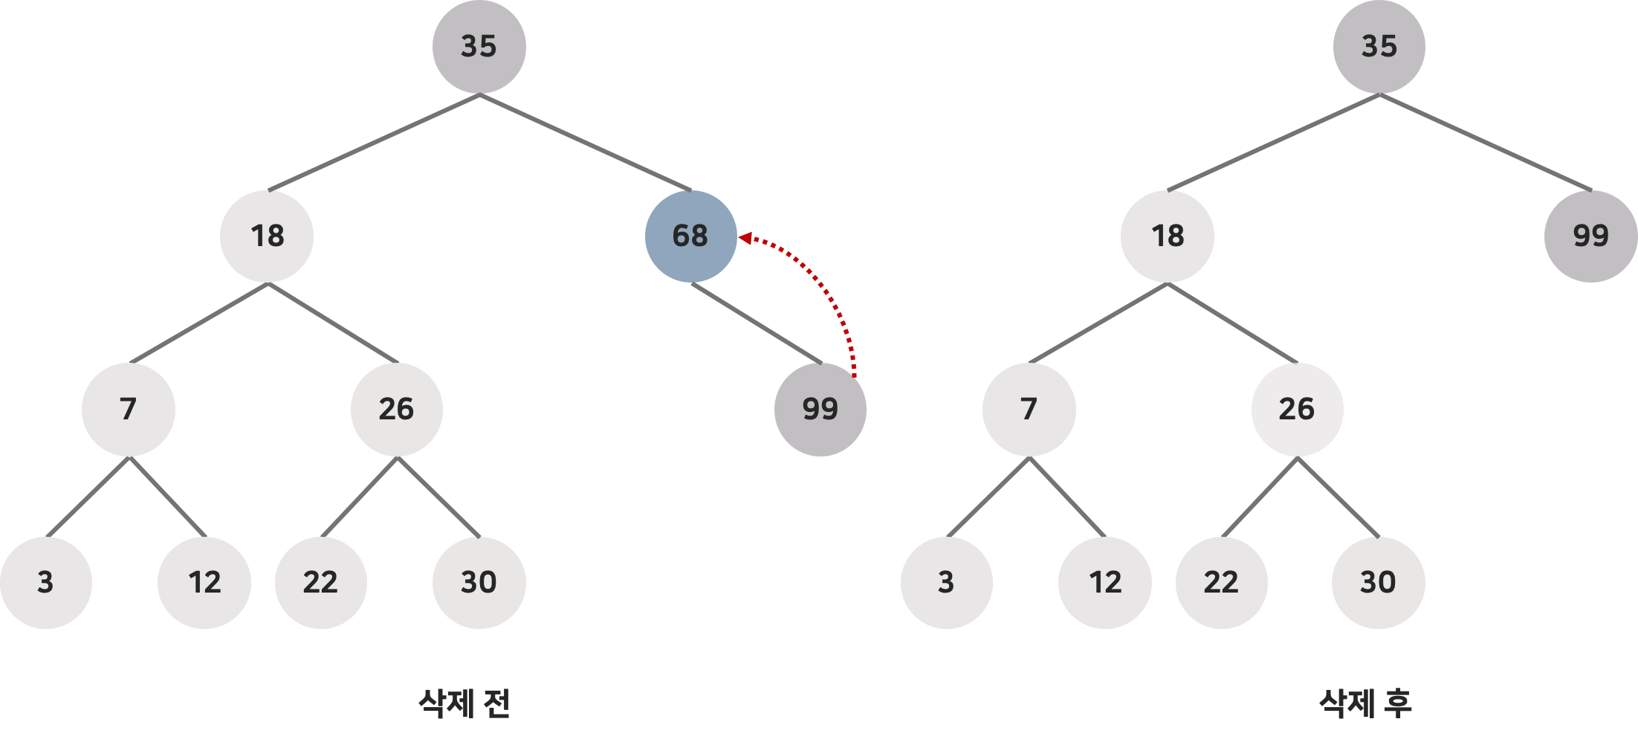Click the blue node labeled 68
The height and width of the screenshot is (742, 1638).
690,236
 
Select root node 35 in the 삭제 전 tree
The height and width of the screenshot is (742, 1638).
479,47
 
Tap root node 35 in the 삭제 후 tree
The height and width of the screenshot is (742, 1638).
1379,47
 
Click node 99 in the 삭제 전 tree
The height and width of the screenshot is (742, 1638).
820,410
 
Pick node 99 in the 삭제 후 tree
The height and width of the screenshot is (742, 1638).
1590,236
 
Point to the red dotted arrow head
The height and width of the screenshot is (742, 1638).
745,239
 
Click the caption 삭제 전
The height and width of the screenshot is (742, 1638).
464,703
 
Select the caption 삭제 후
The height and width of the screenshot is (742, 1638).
1365,703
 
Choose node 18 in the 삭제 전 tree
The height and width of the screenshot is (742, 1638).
267,236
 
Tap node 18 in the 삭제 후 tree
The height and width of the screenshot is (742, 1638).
1168,236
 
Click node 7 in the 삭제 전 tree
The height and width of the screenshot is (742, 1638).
129,410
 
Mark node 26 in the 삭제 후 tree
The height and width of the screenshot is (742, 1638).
1297,410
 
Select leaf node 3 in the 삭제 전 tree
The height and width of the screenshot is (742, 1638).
46,582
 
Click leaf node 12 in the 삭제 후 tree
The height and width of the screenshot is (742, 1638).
1105,582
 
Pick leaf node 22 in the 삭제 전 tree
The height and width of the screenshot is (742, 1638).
320,582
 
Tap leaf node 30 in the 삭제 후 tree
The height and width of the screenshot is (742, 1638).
1379,582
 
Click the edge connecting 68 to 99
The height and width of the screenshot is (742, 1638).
757,323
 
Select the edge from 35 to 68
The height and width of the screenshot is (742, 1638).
586,142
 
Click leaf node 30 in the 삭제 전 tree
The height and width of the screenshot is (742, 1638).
479,582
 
